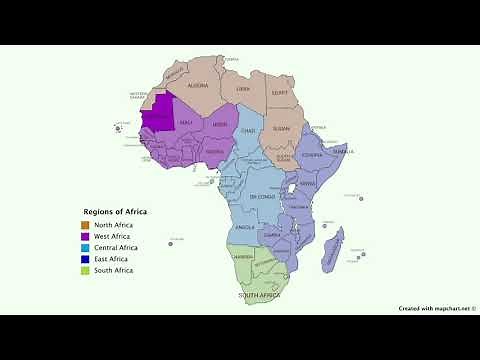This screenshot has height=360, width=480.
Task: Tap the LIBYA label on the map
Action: (243, 89)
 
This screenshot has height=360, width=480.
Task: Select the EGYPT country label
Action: (279, 92)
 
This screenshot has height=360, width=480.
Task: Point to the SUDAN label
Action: (281, 129)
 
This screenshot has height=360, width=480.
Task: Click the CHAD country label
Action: (249, 131)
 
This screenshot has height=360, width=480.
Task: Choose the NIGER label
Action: (220, 125)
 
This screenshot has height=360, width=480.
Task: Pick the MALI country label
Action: (186, 122)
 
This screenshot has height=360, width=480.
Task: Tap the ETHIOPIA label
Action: (313, 156)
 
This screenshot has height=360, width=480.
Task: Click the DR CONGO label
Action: (263, 197)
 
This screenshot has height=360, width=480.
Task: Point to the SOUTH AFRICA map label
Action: (258, 297)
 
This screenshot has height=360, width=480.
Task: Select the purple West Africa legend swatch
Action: (86, 236)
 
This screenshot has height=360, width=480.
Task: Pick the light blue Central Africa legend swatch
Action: (86, 247)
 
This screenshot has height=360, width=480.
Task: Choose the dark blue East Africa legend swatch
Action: (86, 259)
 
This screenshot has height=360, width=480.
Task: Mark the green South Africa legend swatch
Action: (86, 270)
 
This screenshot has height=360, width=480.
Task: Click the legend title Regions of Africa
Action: (115, 211)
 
